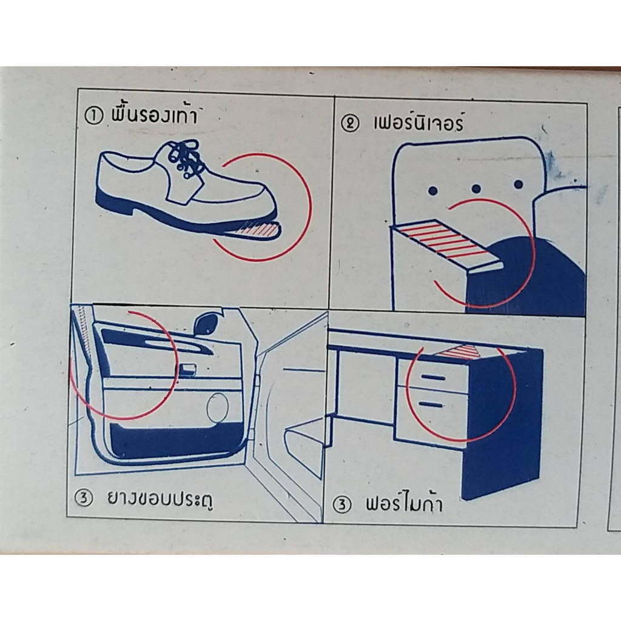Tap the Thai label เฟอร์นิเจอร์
pos(418,123)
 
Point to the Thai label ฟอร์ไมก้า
pos(403,503)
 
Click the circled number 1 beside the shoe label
pos(93,116)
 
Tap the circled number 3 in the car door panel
pos(84,498)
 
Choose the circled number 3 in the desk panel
pos(342,505)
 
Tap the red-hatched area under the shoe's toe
pos(257,230)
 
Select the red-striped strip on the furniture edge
pos(446,241)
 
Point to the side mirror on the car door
pos(207,323)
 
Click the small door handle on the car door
pos(187,369)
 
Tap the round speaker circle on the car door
pos(218,408)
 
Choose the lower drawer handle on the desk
pos(430,404)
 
